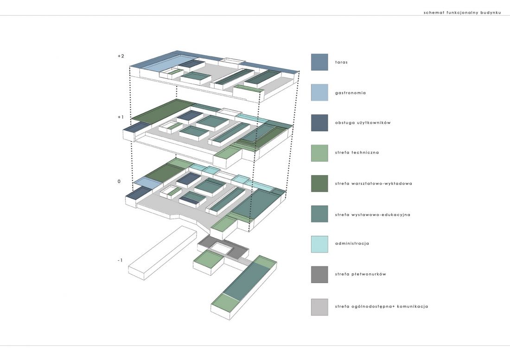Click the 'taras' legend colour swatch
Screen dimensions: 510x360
[x=319, y=62]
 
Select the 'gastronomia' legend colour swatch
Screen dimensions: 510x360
[x=319, y=93]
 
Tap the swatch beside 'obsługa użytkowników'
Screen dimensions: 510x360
[x=319, y=123]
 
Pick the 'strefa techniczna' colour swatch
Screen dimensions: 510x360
[x=319, y=153]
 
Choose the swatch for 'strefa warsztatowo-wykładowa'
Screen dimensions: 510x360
[x=319, y=183]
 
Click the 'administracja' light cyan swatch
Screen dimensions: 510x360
[x=319, y=244]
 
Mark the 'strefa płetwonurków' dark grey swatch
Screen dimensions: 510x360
[x=319, y=275]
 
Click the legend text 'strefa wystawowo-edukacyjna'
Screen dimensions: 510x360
[x=372, y=215]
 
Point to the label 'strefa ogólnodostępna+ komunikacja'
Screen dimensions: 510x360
[x=382, y=306]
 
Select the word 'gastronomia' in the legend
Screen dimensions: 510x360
[x=351, y=93]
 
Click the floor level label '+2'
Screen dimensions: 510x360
[x=121, y=56]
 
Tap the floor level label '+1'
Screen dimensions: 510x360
[x=121, y=117]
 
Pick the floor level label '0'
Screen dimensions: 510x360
[x=119, y=181]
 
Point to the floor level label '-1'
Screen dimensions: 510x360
[x=120, y=260]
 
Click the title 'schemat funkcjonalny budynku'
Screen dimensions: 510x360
[x=462, y=13]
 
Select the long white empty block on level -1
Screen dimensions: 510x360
[x=163, y=253]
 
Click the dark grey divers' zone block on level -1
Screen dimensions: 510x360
[x=223, y=245]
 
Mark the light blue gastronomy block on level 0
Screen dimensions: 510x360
[x=148, y=183]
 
